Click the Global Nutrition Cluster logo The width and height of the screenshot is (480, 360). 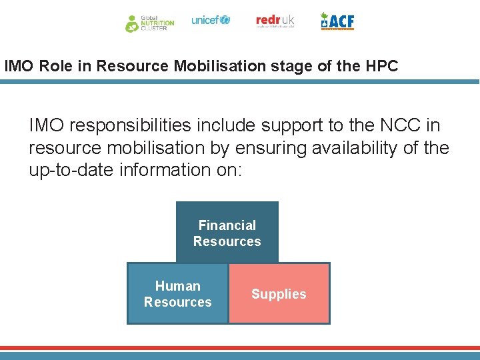149,23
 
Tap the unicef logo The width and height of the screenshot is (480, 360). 211,20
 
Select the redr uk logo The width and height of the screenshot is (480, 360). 275,21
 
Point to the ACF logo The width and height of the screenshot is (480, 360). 337,21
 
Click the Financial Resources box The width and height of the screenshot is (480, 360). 227,233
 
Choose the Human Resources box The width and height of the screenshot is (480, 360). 177,294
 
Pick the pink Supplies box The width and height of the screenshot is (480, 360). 279,294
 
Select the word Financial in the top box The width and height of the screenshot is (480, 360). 227,225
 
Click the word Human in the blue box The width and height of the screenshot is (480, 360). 177,286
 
